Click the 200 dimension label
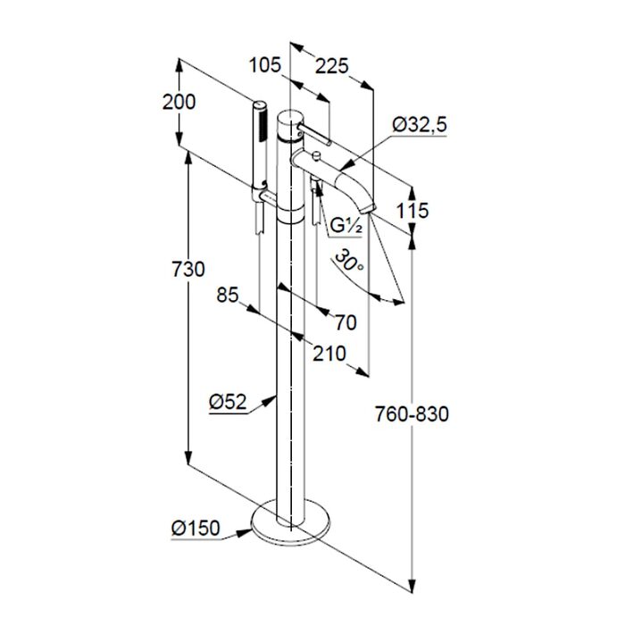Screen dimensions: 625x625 (x=179, y=102)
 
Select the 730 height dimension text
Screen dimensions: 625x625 (x=188, y=269)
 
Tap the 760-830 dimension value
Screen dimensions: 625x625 (x=412, y=414)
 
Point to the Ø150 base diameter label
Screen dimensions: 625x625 (x=196, y=529)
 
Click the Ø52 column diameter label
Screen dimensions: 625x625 (x=228, y=402)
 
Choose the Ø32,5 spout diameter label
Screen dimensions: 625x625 (x=420, y=125)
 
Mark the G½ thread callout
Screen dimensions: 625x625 (x=346, y=226)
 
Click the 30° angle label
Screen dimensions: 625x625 (x=348, y=260)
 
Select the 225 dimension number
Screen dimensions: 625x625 (x=331, y=66)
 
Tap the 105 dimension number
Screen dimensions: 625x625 (x=264, y=64)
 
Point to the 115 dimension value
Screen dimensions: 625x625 (x=412, y=210)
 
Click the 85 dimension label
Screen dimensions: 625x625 (x=227, y=296)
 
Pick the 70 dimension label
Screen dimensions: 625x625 (x=346, y=322)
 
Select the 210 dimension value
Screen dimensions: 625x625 (x=329, y=354)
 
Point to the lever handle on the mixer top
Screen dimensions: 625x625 (x=312, y=134)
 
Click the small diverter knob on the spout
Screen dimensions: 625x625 (x=317, y=155)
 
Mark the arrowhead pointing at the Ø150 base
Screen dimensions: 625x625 (x=245, y=533)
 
